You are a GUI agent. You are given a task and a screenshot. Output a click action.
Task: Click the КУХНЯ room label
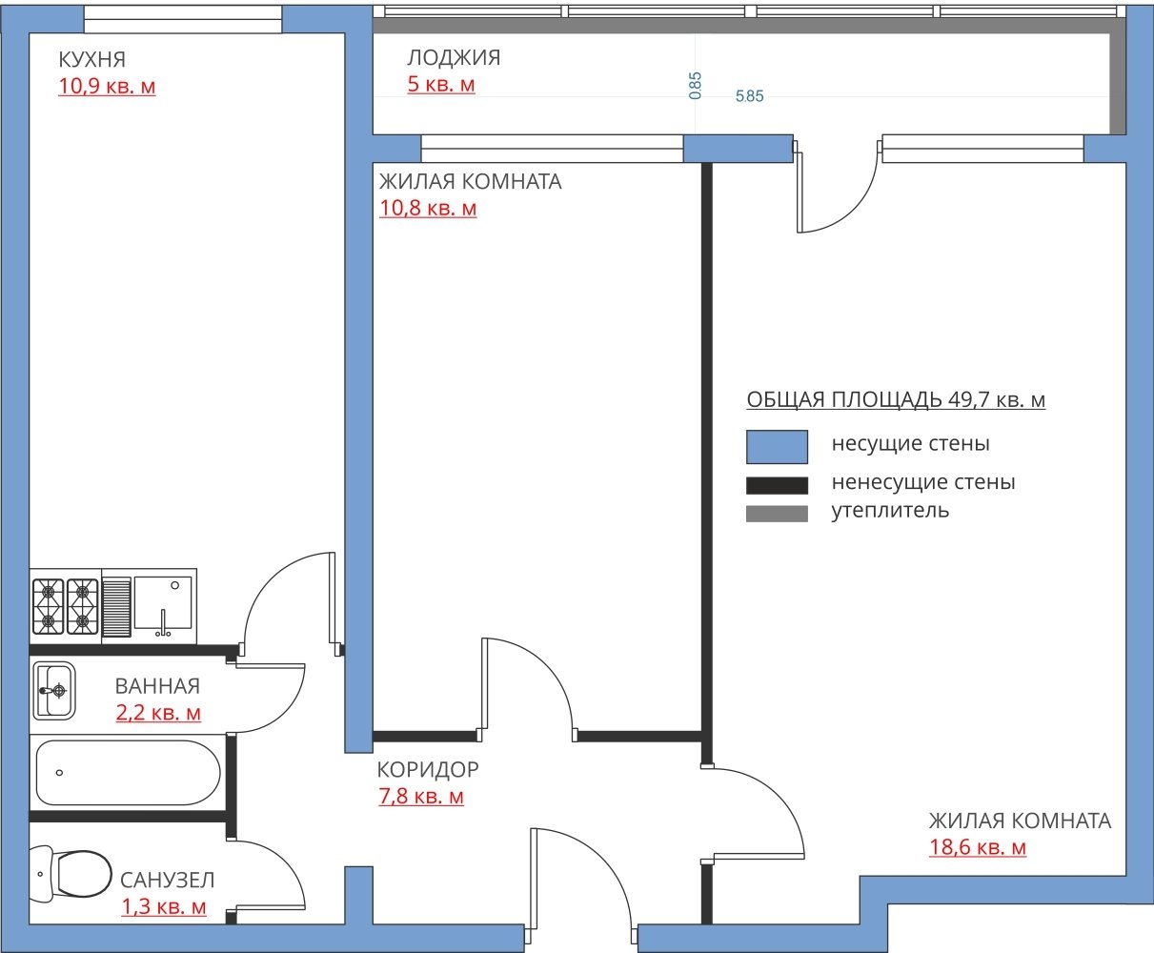coord(91,59)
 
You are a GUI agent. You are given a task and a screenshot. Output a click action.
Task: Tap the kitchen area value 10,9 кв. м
coord(107,86)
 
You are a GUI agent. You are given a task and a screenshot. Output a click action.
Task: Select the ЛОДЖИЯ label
coord(454,57)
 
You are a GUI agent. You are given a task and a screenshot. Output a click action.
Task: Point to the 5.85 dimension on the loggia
coord(749,96)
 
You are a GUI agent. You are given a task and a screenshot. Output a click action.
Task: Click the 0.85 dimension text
coord(696,86)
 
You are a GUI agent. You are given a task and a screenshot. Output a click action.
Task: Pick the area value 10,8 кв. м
coord(428,209)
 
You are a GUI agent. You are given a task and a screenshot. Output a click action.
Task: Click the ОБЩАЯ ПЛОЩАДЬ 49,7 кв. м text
coord(896,399)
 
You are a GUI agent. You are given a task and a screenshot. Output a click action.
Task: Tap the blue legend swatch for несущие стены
coord(777,447)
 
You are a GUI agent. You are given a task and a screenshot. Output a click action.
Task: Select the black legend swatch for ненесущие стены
coord(777,485)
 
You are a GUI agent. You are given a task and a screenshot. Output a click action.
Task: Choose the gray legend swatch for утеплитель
coord(777,514)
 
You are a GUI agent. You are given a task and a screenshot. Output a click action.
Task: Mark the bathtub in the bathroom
coord(129,773)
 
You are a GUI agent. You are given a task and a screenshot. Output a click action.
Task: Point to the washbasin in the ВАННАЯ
coord(54,690)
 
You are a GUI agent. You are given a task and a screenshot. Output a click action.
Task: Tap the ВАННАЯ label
coord(157,686)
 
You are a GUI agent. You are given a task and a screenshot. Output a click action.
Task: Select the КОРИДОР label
coord(428,769)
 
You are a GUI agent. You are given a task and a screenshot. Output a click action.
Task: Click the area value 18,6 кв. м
coord(977,847)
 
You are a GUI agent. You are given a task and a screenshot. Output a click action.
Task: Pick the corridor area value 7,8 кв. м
coord(421,796)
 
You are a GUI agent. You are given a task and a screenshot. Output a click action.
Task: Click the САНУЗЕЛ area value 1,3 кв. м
coord(164,906)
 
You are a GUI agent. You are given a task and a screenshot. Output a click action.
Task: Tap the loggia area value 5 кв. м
coord(441,84)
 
